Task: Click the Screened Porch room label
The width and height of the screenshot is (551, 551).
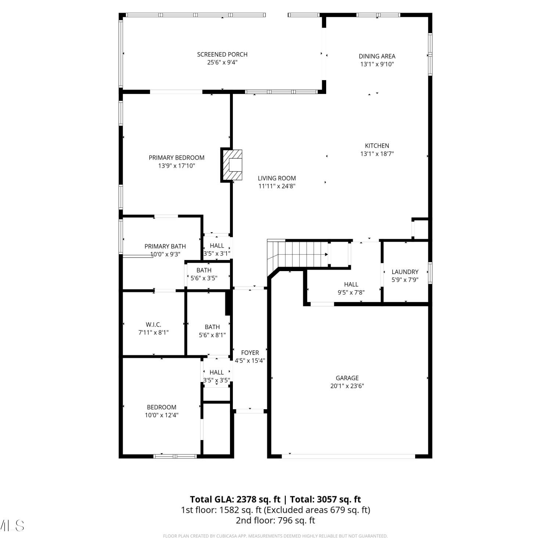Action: tap(222, 54)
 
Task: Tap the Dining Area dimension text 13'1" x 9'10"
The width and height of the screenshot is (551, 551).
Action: tap(377, 64)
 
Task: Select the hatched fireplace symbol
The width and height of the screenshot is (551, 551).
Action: tap(231, 165)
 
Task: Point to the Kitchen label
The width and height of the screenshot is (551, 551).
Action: tap(377, 146)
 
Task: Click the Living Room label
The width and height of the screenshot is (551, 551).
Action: tap(277, 179)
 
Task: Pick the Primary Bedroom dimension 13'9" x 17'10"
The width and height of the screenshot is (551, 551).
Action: tap(176, 166)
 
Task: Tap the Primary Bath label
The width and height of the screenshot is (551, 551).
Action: tap(165, 246)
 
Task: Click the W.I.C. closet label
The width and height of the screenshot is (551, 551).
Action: tap(153, 325)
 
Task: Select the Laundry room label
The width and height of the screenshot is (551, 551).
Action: tap(405, 272)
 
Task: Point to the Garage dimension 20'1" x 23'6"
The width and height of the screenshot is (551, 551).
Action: tap(347, 386)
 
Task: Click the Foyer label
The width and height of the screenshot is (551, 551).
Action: tap(250, 353)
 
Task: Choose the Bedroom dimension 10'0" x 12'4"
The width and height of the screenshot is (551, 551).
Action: tap(162, 415)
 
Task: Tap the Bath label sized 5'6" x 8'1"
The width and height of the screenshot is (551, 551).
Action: tap(212, 327)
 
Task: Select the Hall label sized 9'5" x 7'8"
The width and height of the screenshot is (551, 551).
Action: tap(351, 284)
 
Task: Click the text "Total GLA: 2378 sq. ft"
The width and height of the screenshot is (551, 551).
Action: tap(235, 500)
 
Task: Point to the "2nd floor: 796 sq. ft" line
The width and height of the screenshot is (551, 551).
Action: tap(275, 521)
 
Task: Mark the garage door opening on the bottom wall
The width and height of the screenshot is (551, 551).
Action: tap(348, 456)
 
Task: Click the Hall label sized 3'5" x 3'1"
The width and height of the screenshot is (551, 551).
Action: tap(217, 246)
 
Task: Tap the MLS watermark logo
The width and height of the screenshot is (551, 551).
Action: tap(12, 525)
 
